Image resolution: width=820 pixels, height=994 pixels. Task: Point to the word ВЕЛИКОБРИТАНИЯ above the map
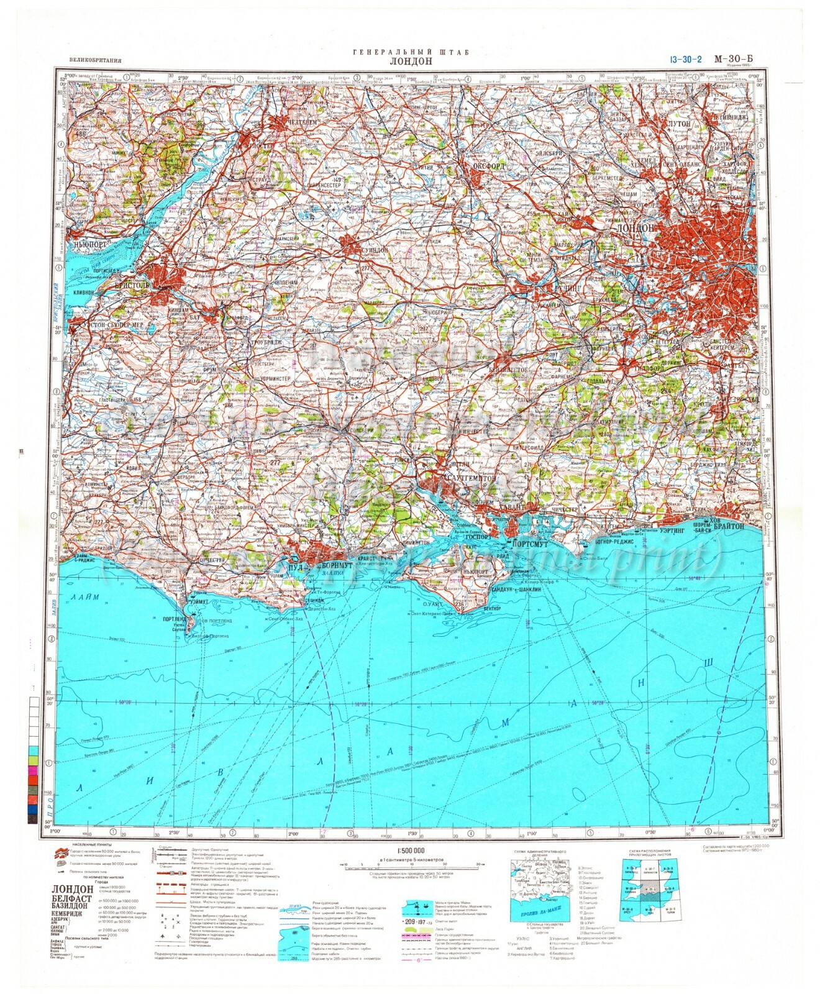point(91,61)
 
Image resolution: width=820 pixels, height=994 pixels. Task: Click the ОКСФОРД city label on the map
point(483,166)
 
